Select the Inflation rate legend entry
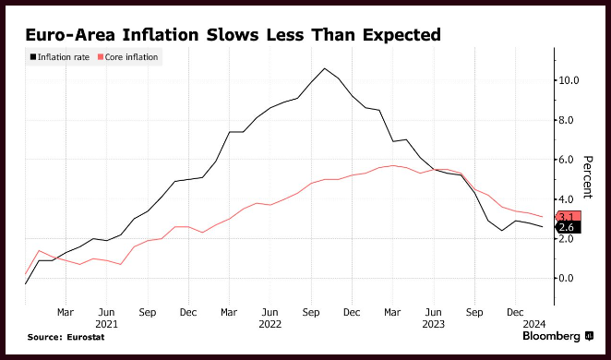click(60, 57)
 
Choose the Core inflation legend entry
click(127, 57)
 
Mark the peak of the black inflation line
click(325, 68)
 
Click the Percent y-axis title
click(588, 177)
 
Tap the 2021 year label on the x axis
click(106, 324)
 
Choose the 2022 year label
click(270, 324)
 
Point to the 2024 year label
click(534, 324)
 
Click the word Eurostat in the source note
click(86, 338)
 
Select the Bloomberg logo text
click(551, 337)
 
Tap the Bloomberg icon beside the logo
click(589, 336)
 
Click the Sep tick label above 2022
click(311, 313)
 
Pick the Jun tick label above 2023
click(433, 313)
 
